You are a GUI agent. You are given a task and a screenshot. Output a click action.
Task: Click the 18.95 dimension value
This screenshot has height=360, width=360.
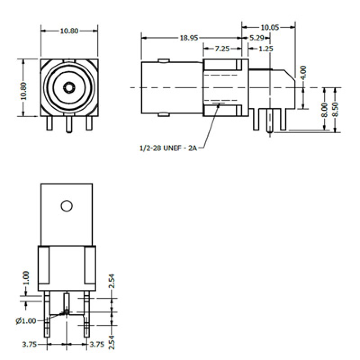tap(189, 38)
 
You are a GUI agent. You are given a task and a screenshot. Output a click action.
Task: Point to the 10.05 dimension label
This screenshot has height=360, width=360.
tap(270, 27)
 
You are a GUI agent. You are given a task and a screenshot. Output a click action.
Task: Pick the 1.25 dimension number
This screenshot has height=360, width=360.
tap(266, 49)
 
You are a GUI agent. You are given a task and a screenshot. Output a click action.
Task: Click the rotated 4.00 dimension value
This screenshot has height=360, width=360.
tap(303, 72)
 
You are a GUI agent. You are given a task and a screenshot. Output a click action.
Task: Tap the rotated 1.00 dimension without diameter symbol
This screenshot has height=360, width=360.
tap(26, 278)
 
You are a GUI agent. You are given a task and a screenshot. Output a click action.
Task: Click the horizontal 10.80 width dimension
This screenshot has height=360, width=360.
tap(69, 31)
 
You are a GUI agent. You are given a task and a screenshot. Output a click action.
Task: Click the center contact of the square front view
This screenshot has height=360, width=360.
tap(69, 86)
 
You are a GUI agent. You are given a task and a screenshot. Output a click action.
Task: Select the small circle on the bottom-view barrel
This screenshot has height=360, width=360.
tap(67, 206)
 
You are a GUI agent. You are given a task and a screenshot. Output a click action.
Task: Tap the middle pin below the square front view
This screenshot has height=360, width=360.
tap(69, 124)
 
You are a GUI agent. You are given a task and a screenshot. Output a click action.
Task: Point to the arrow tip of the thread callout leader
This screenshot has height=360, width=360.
tap(219, 105)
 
